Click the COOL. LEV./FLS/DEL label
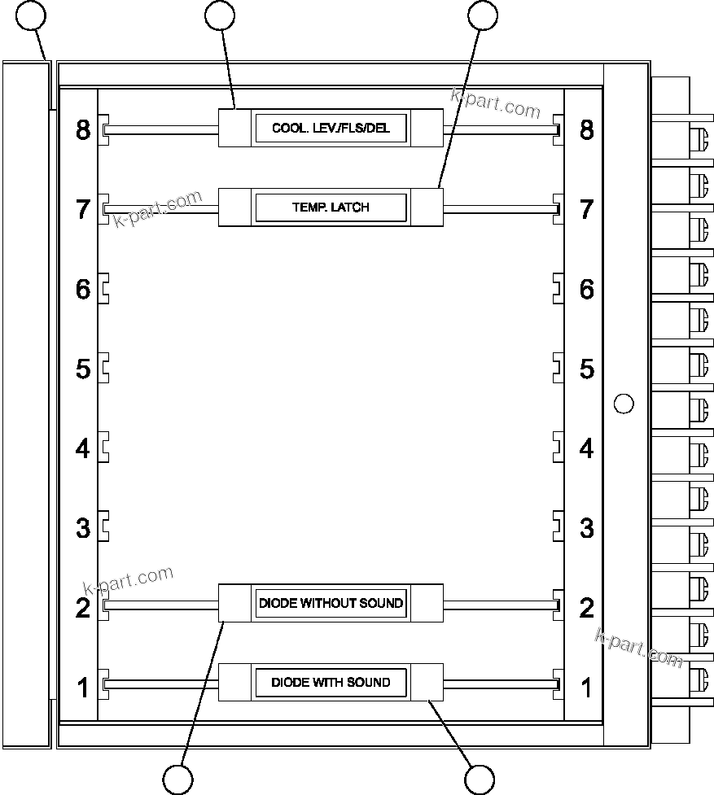[331, 129]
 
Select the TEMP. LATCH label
[331, 207]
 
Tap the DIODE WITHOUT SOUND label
[331, 603]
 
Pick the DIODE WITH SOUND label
[331, 682]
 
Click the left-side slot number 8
[83, 129]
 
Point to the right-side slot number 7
[586, 209]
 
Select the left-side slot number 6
[83, 289]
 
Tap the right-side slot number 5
[586, 369]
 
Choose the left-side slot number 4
[83, 448]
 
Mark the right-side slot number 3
[586, 528]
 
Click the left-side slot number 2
[83, 608]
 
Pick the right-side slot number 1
[586, 688]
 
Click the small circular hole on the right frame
[623, 403]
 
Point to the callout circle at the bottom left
[177, 780]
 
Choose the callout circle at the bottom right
[480, 780]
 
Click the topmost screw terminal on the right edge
[698, 138]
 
